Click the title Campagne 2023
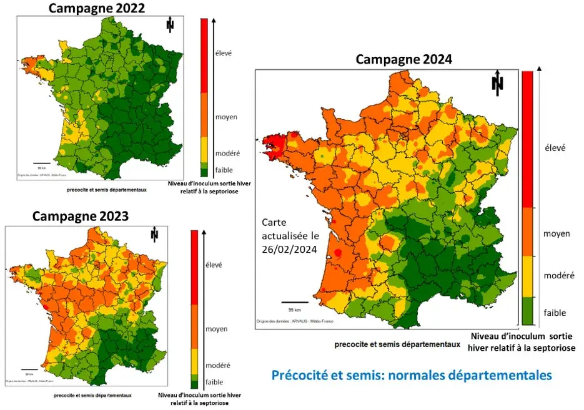pyautogui.click(x=81, y=217)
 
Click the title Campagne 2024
pyautogui.click(x=403, y=59)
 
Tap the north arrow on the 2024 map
pyautogui.click(x=497, y=84)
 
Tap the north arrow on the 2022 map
pyautogui.click(x=169, y=25)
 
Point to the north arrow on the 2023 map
pyautogui.click(x=154, y=235)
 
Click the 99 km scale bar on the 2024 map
pyautogui.click(x=294, y=303)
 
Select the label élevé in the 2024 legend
pyautogui.click(x=555, y=148)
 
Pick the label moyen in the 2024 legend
pyautogui.click(x=556, y=233)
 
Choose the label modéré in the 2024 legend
pyautogui.click(x=558, y=275)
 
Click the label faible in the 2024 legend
pyautogui.click(x=555, y=312)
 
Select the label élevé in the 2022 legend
pyautogui.click(x=223, y=53)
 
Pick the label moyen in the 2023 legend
pyautogui.click(x=216, y=329)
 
